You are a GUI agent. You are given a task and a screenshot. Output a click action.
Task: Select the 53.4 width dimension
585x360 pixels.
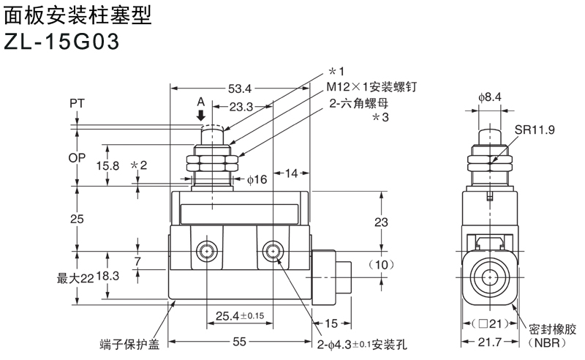[240, 89]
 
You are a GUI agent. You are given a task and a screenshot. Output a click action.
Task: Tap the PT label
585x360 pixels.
[77, 104]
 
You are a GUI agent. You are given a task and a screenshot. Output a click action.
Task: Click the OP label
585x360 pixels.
[77, 157]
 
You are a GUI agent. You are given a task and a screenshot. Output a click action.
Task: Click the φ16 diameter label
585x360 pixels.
[257, 179]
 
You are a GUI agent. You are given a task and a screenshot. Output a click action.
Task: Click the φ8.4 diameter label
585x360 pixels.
[489, 97]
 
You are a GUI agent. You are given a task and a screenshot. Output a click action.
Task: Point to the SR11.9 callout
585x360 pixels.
[535, 130]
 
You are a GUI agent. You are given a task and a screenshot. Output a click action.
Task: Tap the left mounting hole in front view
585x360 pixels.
[206, 252]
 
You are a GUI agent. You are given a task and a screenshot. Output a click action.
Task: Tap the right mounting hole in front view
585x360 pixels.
[273, 252]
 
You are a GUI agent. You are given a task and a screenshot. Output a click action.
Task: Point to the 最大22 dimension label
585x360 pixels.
[75, 277]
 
